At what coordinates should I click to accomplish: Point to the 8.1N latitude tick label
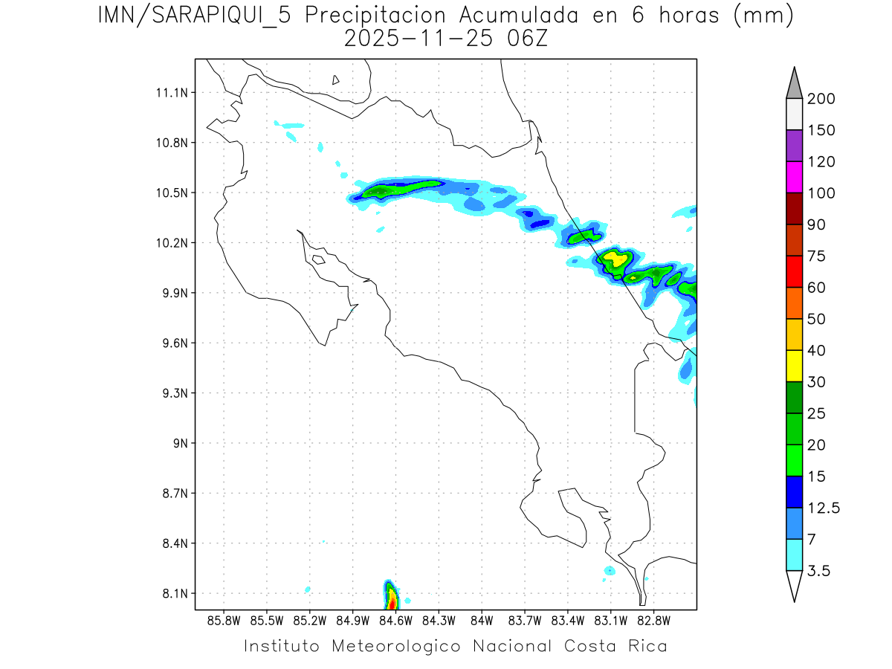click(x=173, y=593)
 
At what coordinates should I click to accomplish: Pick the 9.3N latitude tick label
click(x=173, y=393)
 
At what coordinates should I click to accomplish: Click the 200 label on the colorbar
click(x=821, y=99)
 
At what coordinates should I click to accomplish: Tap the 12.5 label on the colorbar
click(x=823, y=508)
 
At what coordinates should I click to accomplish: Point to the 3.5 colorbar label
click(x=819, y=571)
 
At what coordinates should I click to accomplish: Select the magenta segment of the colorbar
click(x=794, y=177)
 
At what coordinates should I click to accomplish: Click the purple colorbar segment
click(x=794, y=146)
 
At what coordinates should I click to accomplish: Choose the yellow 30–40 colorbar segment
click(x=794, y=366)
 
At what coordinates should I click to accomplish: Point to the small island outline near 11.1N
click(x=336, y=80)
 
